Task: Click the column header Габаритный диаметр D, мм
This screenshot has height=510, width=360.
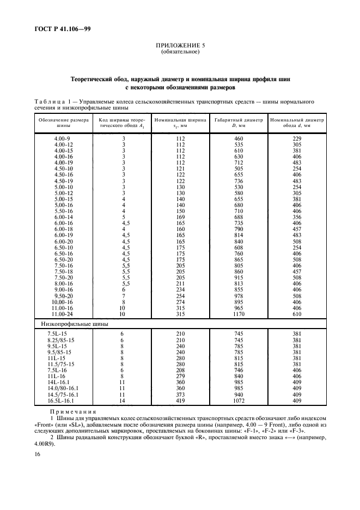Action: pyautogui.click(x=238, y=122)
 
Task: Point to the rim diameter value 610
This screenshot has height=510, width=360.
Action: pyautogui.click(x=297, y=314)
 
